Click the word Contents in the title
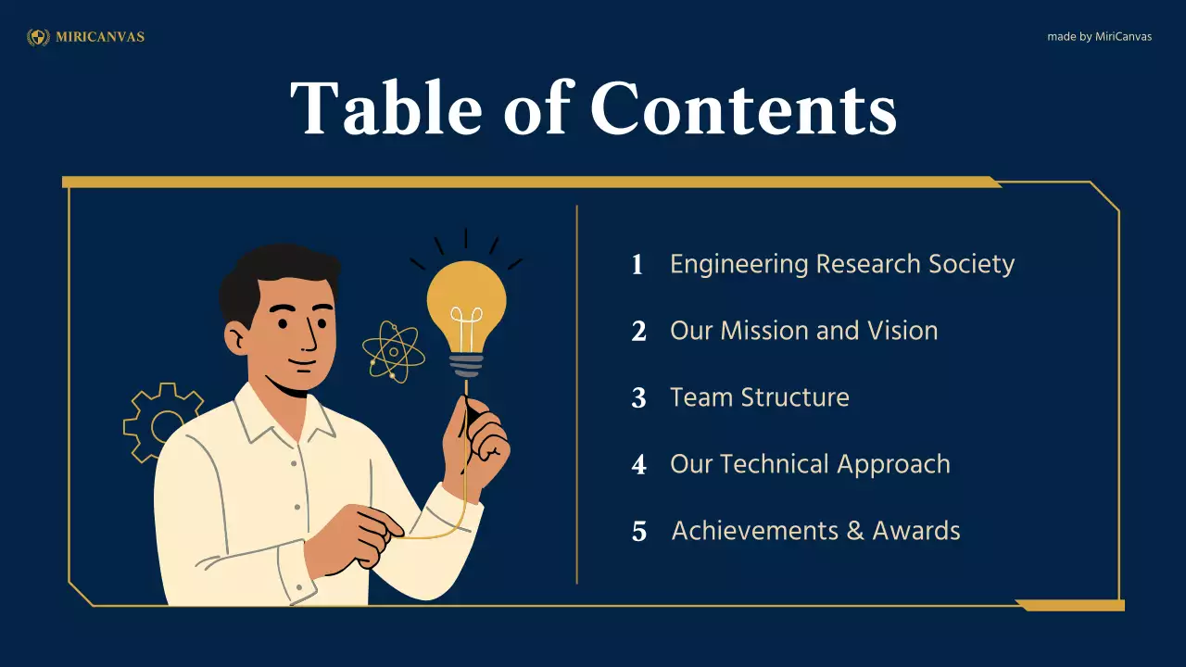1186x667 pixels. pyautogui.click(x=743, y=108)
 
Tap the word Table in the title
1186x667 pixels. pyautogui.click(x=386, y=108)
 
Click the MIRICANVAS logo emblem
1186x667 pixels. pyautogui.click(x=38, y=37)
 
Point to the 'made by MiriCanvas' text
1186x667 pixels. pyautogui.click(x=1099, y=37)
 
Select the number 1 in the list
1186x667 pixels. pyautogui.click(x=637, y=265)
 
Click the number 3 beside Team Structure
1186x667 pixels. pyautogui.click(x=638, y=398)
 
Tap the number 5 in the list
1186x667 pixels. pyautogui.click(x=639, y=532)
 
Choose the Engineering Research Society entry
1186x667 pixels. pyautogui.click(x=842, y=264)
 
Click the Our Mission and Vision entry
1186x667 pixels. pyautogui.click(x=803, y=331)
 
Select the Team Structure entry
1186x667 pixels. pyautogui.click(x=759, y=397)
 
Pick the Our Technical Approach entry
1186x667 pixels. pyautogui.click(x=810, y=464)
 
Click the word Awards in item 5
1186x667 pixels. pyautogui.click(x=916, y=531)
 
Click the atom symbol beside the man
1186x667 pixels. pyautogui.click(x=393, y=351)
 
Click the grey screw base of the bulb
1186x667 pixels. pyautogui.click(x=466, y=363)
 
